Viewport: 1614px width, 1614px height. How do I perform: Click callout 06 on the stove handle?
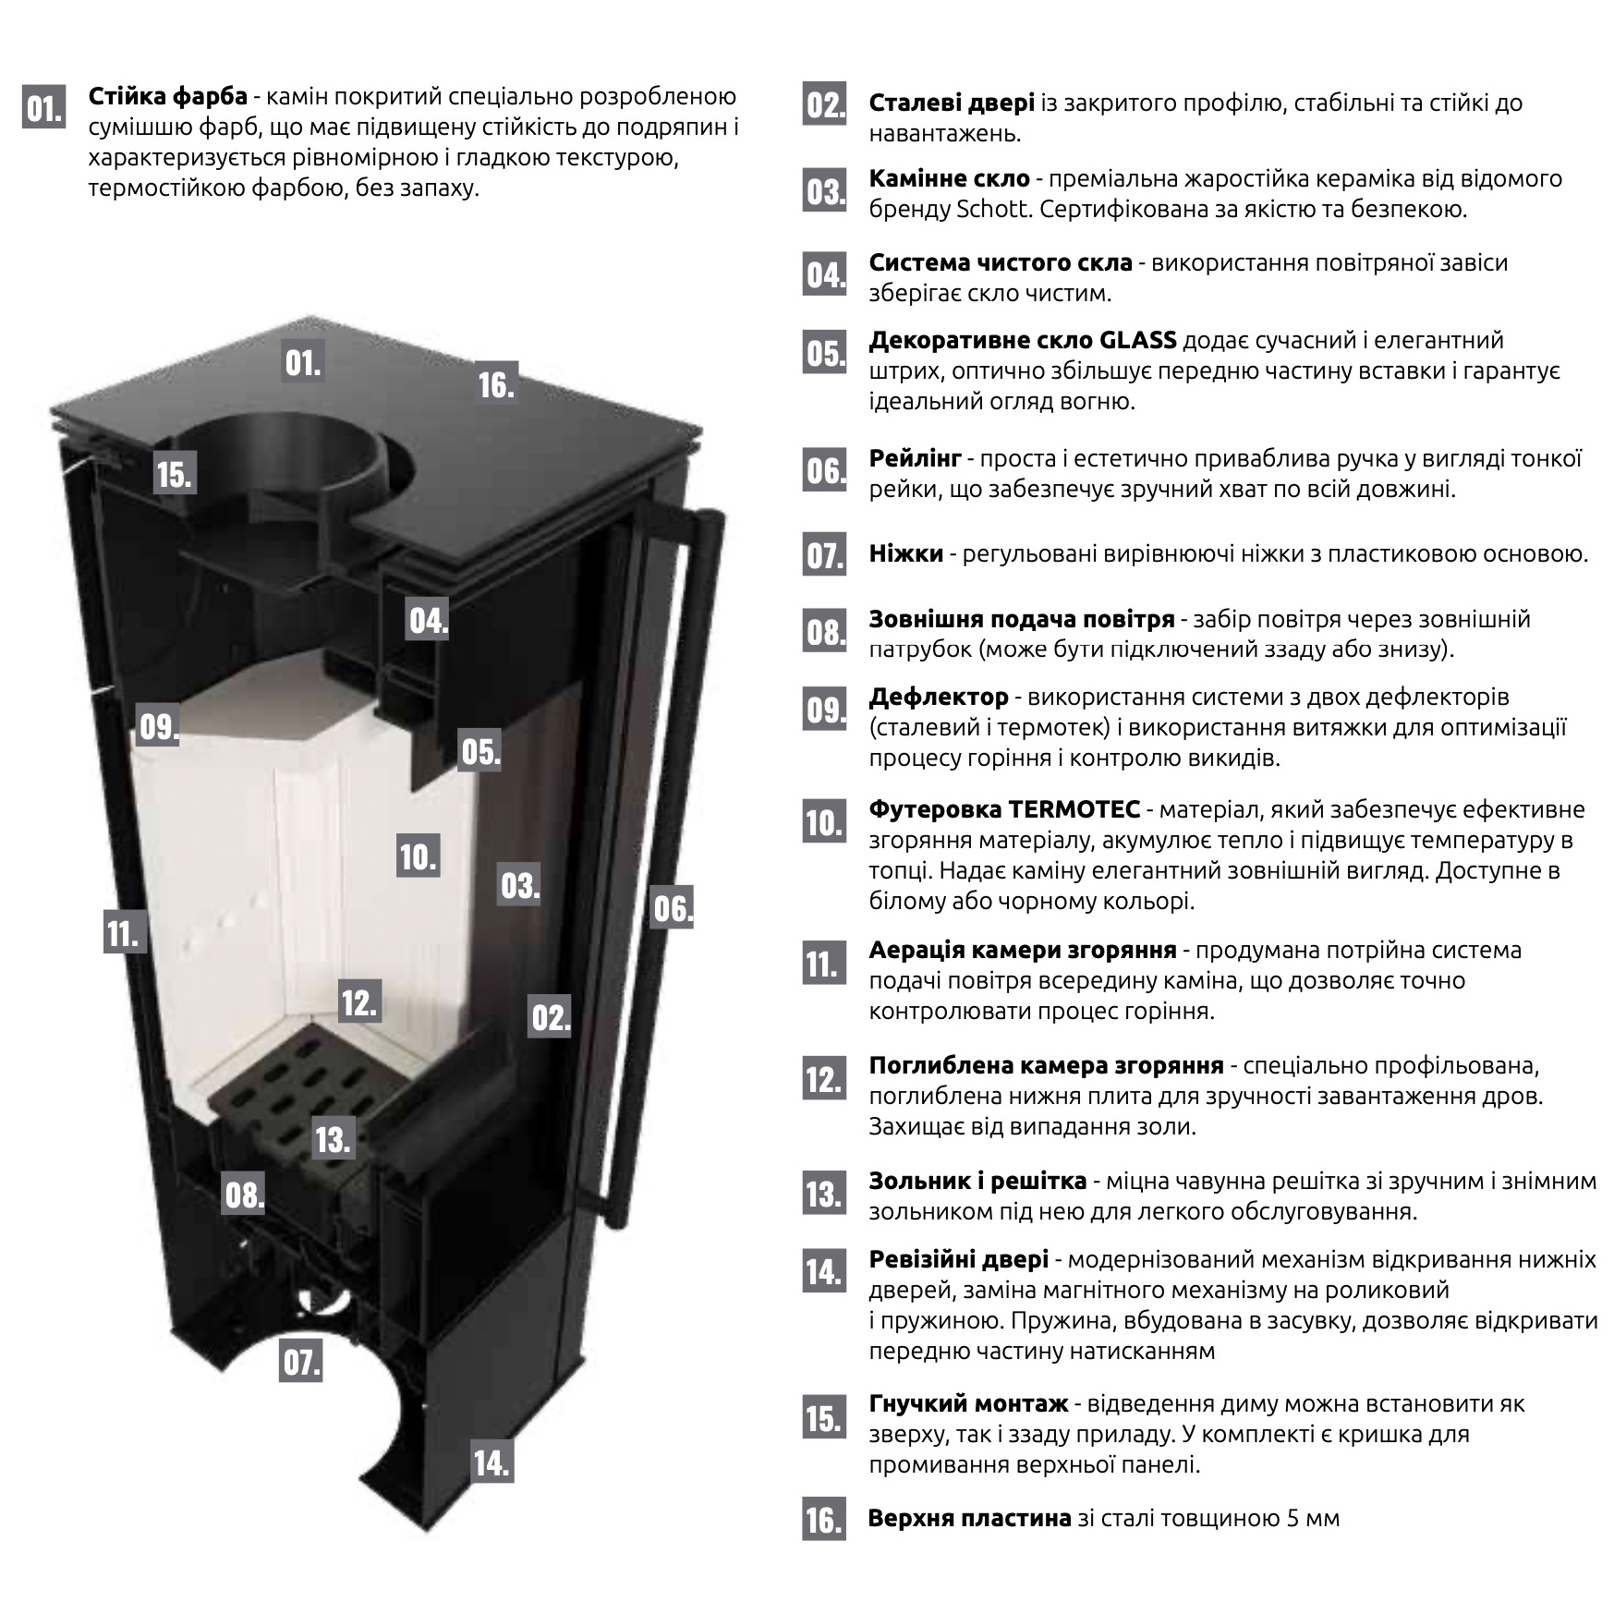[x=673, y=907]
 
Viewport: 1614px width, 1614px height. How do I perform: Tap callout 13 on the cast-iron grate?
[x=333, y=1138]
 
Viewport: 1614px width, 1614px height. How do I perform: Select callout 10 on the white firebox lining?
[x=418, y=856]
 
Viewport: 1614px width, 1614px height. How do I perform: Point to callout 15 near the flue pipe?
[x=174, y=473]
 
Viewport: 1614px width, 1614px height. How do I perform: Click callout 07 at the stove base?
[x=301, y=1362]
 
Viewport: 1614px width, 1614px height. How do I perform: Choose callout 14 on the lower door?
[x=491, y=1462]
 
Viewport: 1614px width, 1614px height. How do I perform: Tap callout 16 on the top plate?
[x=496, y=383]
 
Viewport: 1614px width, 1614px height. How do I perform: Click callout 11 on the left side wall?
[x=124, y=932]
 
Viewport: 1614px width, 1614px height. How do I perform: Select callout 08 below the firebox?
[x=245, y=1195]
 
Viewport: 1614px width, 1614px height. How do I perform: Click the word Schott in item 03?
[x=993, y=209]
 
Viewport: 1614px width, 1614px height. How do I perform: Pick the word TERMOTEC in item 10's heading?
[x=1074, y=809]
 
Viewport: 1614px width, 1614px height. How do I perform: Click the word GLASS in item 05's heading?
[x=1138, y=340]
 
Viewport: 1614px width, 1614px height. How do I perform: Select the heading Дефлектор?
[x=939, y=696]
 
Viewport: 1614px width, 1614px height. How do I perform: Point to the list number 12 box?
[x=824, y=1078]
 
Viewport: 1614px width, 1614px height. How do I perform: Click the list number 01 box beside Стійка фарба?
[x=43, y=108]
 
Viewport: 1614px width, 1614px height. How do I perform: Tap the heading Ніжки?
[x=906, y=552]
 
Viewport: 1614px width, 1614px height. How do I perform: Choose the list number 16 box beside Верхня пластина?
[x=824, y=1520]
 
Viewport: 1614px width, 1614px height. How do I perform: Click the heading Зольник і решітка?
[x=977, y=1181]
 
